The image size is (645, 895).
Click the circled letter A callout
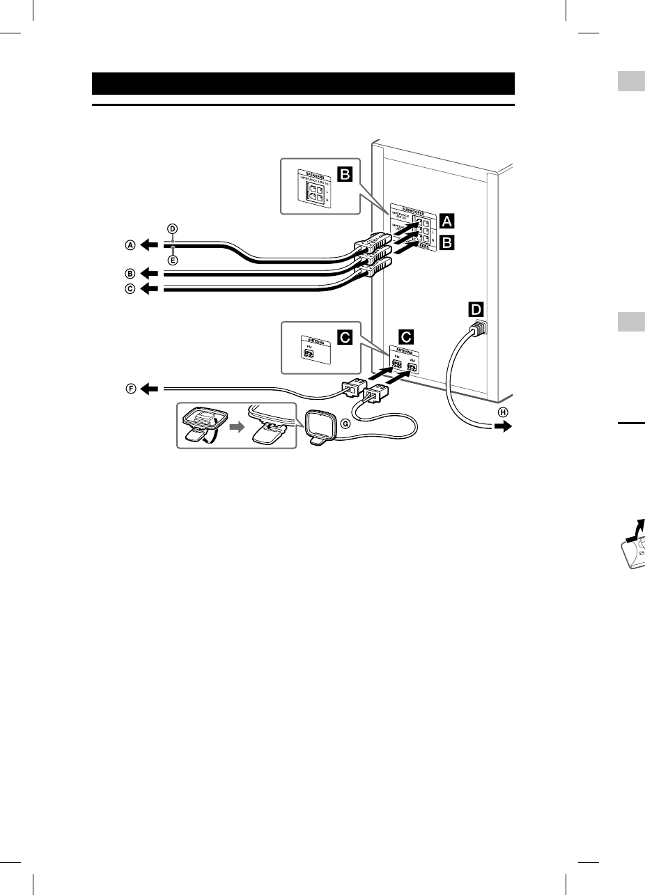click(130, 244)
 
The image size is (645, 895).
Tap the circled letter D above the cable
click(173, 229)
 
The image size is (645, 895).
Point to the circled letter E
click(173, 260)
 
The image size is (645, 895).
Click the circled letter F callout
click(130, 389)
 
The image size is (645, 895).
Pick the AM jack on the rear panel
click(412, 366)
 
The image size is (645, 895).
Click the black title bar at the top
click(303, 84)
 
